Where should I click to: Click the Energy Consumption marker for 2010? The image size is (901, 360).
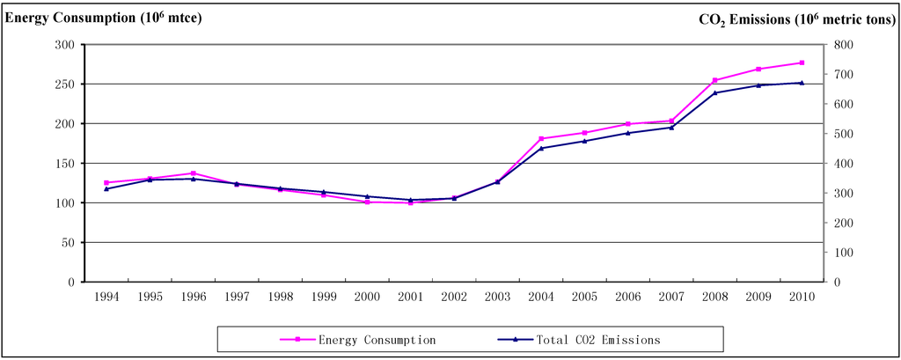(802, 62)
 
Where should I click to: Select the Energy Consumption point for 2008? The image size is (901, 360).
(714, 80)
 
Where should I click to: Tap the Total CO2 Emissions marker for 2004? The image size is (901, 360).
(541, 148)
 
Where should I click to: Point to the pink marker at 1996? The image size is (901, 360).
(193, 173)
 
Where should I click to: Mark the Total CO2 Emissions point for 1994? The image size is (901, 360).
(106, 188)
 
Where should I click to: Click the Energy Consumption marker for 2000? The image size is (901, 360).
(367, 202)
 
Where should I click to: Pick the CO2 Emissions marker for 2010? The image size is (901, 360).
(802, 83)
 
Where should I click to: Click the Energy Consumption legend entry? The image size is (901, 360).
(377, 339)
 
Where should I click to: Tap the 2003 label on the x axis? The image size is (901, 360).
(497, 298)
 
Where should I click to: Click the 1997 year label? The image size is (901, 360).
(237, 298)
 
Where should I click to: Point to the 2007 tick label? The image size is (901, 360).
(670, 298)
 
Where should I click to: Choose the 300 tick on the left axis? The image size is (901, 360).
(63, 45)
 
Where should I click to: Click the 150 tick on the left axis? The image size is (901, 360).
(63, 164)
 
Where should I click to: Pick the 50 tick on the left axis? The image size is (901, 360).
(67, 243)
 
